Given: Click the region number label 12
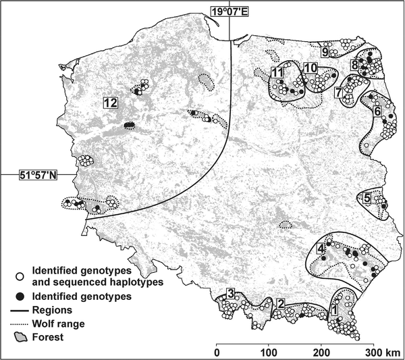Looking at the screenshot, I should (110, 103).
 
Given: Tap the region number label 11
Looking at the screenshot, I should (277, 72).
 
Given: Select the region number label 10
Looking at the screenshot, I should (310, 68).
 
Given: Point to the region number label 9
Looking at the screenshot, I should (325, 51).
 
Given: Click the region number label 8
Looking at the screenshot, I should (354, 66).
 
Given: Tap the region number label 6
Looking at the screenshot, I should (377, 110).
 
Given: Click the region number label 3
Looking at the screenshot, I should (231, 293).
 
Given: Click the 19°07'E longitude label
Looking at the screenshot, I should (230, 11).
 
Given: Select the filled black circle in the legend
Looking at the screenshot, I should (21, 296).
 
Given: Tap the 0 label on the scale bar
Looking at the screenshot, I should (217, 353).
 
